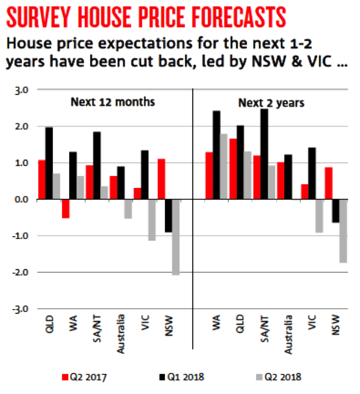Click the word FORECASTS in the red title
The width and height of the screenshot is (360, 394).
pyautogui.click(x=228, y=17)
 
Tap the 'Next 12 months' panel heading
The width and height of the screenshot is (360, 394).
pyautogui.click(x=113, y=102)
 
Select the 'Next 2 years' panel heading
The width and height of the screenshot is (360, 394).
pyautogui.click(x=271, y=103)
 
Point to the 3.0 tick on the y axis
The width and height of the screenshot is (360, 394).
pyautogui.click(x=21, y=90)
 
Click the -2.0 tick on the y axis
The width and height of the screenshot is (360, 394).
pyautogui.click(x=21, y=272)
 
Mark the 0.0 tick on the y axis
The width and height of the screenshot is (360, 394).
pyautogui.click(x=21, y=200)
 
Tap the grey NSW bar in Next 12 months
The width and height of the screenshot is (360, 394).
pyautogui.click(x=175, y=237)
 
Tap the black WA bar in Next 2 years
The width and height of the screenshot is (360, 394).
pyautogui.click(x=217, y=155)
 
